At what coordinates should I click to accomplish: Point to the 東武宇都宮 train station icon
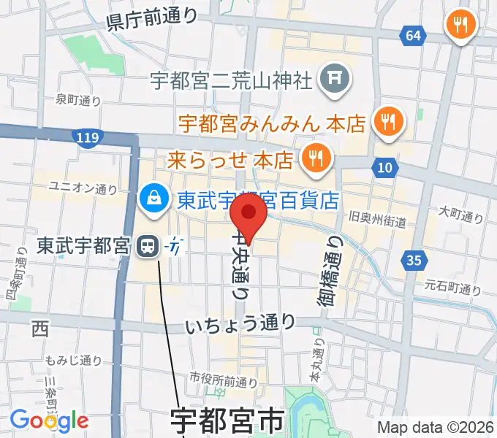(x=149, y=247)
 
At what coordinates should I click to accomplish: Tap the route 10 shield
(x=384, y=169)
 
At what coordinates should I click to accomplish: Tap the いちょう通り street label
(x=240, y=323)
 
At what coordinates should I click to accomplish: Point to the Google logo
(x=49, y=420)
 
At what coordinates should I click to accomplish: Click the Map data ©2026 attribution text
(x=435, y=428)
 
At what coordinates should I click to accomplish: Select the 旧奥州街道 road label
(x=378, y=219)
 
